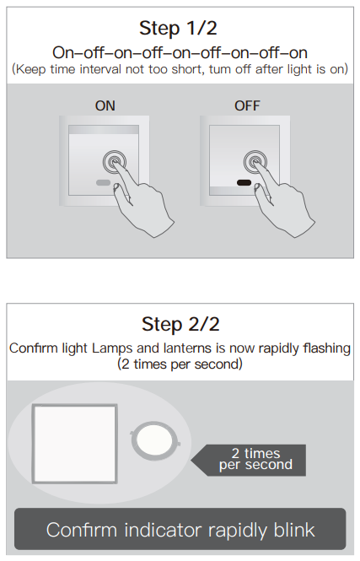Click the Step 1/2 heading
[x=178, y=29]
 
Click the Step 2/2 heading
[x=180, y=324]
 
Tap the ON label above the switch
[x=105, y=106]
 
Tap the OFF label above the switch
[x=247, y=106]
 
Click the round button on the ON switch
[x=115, y=162]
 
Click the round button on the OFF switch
[x=255, y=162]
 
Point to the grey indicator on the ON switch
[x=104, y=183]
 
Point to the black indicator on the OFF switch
[x=244, y=183]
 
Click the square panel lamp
[x=75, y=444]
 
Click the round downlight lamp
[x=155, y=440]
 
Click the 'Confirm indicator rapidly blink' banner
[x=180, y=529]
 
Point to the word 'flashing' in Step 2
[x=327, y=348]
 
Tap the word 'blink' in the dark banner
[x=294, y=530]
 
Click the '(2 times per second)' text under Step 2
[x=180, y=364]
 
